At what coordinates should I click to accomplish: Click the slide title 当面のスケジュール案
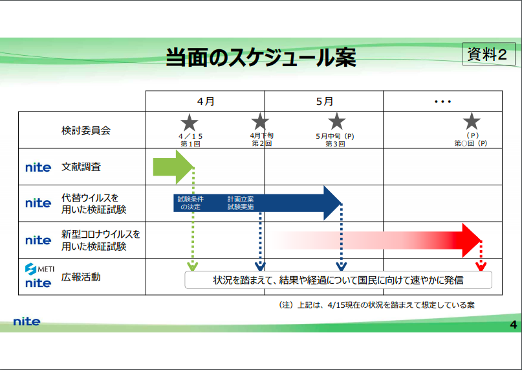(261, 58)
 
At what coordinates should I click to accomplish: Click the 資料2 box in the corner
(489, 54)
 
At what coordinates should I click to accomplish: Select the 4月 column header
(206, 101)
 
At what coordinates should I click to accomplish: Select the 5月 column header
(324, 101)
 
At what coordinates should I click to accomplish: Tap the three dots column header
(443, 102)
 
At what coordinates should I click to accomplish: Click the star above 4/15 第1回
(190, 122)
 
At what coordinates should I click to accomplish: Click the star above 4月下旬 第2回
(260, 121)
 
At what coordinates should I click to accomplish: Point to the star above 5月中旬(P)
(336, 121)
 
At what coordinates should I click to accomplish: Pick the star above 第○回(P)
(472, 121)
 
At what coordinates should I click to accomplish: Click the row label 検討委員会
(86, 130)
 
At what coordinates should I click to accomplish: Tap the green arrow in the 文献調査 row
(173, 167)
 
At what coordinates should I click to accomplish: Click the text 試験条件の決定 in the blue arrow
(190, 203)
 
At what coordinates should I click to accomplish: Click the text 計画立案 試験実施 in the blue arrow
(241, 203)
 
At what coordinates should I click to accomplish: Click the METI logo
(39, 268)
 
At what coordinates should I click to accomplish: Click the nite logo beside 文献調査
(38, 167)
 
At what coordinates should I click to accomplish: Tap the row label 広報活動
(81, 277)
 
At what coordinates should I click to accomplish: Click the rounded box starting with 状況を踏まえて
(338, 280)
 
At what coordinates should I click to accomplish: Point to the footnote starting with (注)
(376, 305)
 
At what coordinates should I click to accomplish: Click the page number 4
(514, 325)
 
